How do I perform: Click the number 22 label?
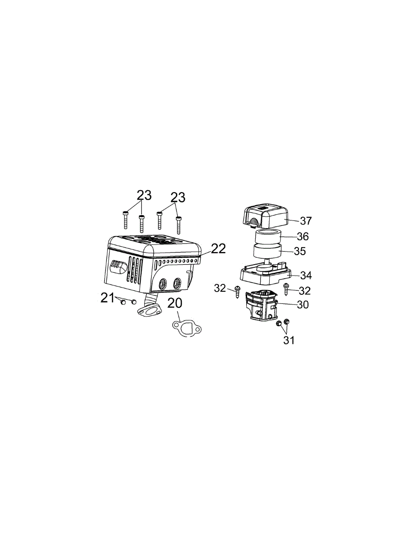click(x=218, y=248)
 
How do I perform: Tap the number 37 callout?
click(x=306, y=221)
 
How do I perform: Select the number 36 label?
click(x=303, y=236)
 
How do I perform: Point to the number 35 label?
click(x=300, y=251)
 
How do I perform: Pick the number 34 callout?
click(x=306, y=275)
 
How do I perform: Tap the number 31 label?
click(x=289, y=340)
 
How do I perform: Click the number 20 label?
click(x=175, y=303)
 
